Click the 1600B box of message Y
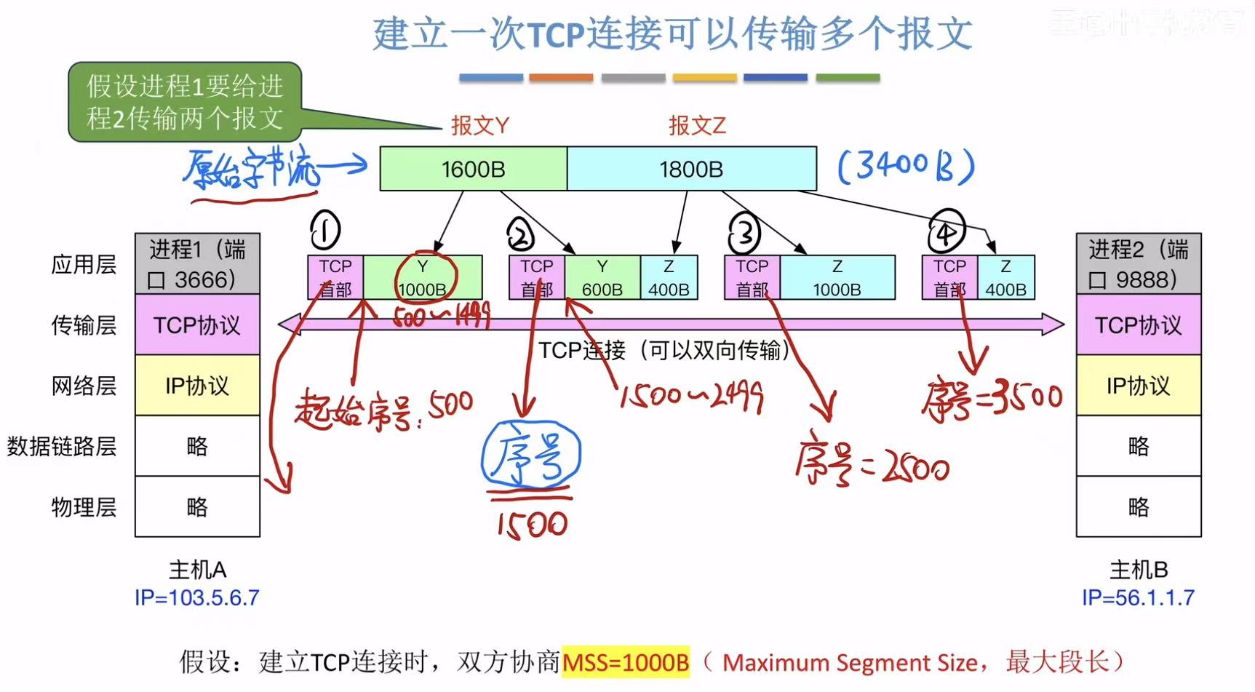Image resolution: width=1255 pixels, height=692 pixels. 473,169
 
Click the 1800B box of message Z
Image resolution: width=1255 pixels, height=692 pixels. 691,169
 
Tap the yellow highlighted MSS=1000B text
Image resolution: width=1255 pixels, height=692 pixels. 626,662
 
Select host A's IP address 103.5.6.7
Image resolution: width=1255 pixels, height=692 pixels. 196,598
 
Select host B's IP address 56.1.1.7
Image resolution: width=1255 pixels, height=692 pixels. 1138,598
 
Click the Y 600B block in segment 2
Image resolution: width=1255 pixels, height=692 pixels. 602,277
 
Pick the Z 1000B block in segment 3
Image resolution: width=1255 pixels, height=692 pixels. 837,277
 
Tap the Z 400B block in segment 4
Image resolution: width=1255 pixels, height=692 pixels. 1005,277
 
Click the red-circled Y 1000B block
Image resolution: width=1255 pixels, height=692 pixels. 423,277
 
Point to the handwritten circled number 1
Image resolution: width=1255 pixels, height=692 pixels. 325,231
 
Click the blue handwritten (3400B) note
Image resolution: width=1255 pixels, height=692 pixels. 906,167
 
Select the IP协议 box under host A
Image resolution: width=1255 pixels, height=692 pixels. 197,385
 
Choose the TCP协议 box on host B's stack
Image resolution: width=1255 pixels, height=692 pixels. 1138,325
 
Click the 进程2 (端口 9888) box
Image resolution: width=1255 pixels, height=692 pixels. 1138,264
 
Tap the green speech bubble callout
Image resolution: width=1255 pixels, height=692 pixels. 185,102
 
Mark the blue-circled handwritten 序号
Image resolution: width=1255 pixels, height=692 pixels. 531,456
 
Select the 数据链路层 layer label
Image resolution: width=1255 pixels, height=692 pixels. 62,446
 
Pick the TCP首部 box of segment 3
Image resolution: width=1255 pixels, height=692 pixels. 752,277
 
